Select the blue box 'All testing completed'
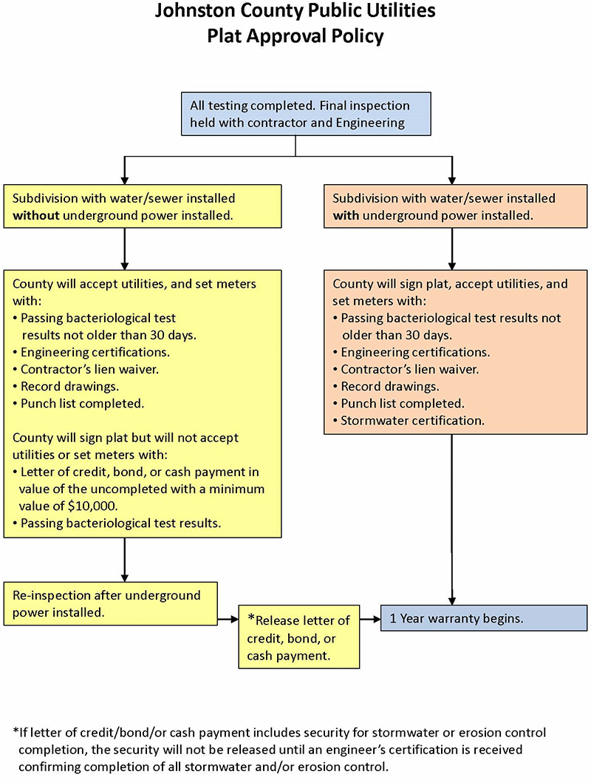pyautogui.click(x=295, y=114)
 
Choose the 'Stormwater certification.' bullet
pyautogui.click(x=412, y=421)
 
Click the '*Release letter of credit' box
pyautogui.click(x=298, y=637)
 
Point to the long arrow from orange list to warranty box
pyautogui.click(x=452, y=518)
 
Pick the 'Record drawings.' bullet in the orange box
pyautogui.click(x=389, y=387)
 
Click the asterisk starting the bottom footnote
pyautogui.click(x=16, y=732)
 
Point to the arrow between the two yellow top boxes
pyautogui.click(x=125, y=248)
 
